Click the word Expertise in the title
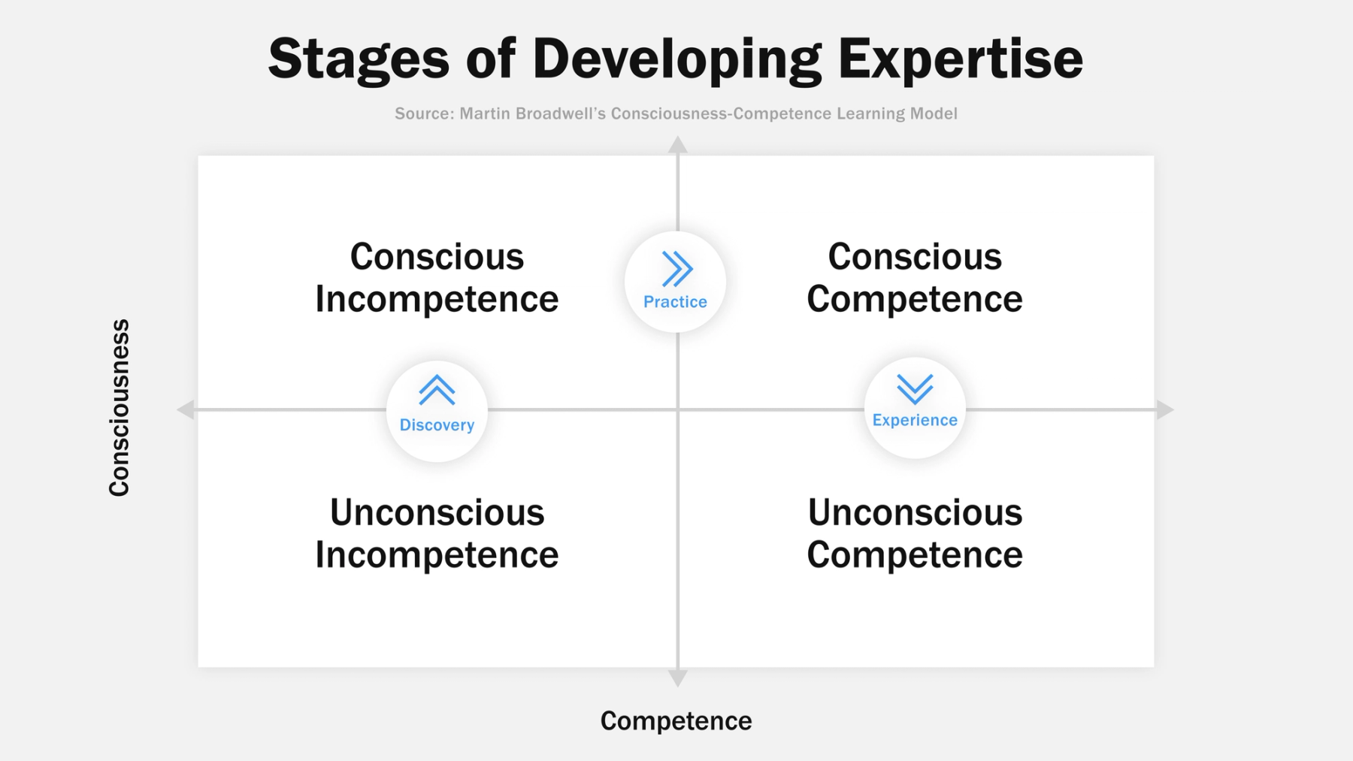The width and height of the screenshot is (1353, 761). click(x=960, y=59)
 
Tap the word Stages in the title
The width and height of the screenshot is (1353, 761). click(x=359, y=60)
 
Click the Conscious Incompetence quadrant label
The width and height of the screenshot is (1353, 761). click(x=437, y=278)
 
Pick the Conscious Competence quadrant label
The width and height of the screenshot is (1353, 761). click(x=915, y=278)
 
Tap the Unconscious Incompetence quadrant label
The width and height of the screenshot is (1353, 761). click(x=437, y=533)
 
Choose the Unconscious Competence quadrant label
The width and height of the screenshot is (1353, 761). click(x=915, y=533)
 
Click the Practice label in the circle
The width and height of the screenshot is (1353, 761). click(x=675, y=302)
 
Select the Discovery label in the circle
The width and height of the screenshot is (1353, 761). click(x=437, y=425)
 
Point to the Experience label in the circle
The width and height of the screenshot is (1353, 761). click(x=915, y=420)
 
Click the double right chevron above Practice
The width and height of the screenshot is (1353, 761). click(x=676, y=269)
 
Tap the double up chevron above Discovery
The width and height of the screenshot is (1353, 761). click(x=437, y=391)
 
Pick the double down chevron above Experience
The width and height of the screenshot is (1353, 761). click(x=915, y=389)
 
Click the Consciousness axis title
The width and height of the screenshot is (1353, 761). click(x=120, y=408)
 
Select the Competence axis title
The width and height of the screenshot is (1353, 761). click(x=676, y=721)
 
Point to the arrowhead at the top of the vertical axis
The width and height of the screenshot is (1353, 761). click(x=677, y=144)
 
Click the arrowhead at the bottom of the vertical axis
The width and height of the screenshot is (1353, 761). click(x=677, y=678)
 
